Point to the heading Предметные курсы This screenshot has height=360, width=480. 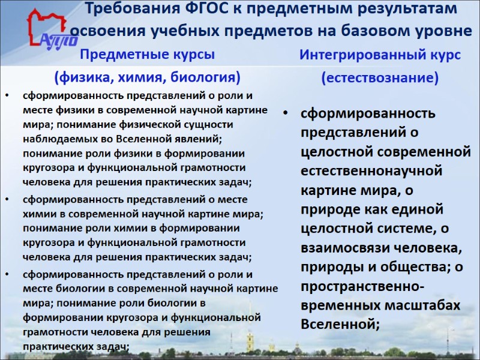coord(147,55)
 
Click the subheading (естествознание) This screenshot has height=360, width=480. coord(380,78)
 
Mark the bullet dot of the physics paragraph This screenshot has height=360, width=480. coord(7,95)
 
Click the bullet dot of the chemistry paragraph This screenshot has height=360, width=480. coord(7,199)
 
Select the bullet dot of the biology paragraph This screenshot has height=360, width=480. coord(7,274)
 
